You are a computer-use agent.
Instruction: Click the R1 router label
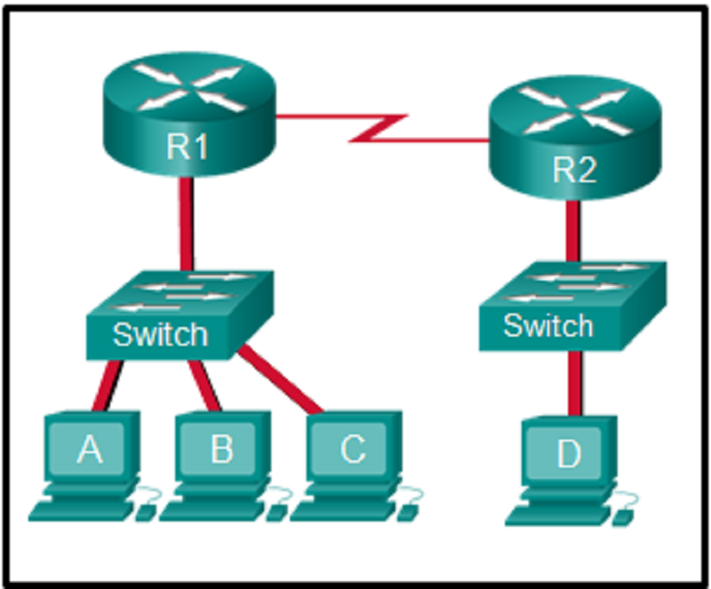tap(188, 146)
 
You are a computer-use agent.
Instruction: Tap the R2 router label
tap(573, 171)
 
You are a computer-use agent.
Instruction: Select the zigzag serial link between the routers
tap(382, 128)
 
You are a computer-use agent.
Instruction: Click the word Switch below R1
tap(160, 334)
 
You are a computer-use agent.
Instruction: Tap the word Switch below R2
tap(547, 325)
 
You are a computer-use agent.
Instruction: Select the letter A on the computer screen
tap(89, 450)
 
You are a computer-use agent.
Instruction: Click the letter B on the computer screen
tap(221, 450)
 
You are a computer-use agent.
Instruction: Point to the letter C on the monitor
tap(352, 450)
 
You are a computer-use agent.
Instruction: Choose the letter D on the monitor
tap(568, 455)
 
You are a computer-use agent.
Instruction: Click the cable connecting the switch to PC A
tap(112, 384)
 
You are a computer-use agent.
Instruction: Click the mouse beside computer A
tap(144, 513)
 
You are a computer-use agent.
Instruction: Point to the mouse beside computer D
tap(623, 516)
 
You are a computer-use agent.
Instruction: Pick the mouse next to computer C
tap(407, 513)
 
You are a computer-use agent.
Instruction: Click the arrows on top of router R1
tap(188, 86)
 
